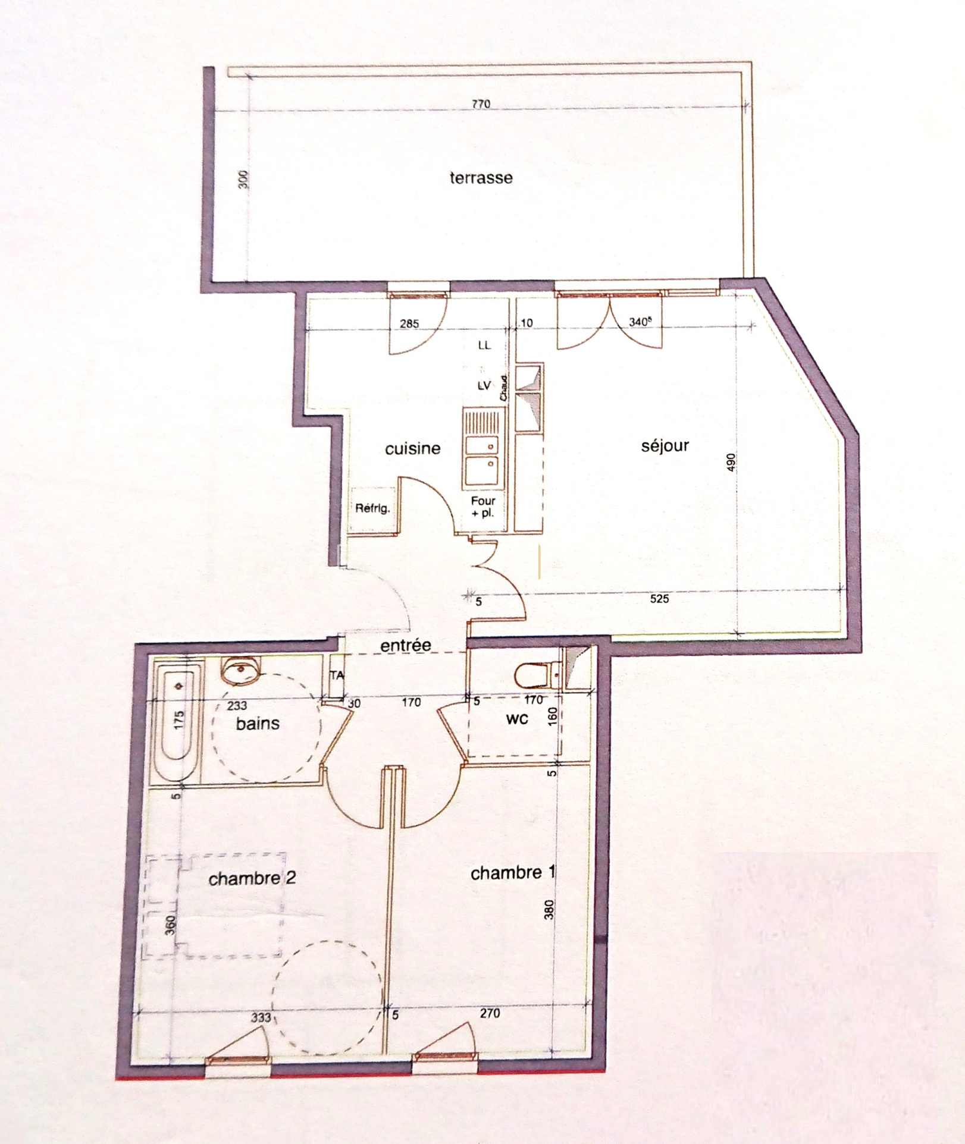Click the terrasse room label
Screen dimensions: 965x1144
pos(481,177)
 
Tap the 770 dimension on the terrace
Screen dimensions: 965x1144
pos(481,104)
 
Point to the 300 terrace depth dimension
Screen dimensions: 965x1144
pos(243,180)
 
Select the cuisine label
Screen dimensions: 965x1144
pos(413,448)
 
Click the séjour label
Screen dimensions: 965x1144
pos(665,445)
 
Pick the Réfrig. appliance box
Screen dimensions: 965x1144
pos(372,510)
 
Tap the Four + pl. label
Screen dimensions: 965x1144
pos(483,507)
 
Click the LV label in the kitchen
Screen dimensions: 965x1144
pos(484,385)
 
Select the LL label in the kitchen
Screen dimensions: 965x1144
pos(484,345)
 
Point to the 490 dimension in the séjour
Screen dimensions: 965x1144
pos(731,462)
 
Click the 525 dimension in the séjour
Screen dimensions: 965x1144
pos(659,599)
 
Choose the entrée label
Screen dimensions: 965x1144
pos(406,645)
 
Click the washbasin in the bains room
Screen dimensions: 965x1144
pos(240,670)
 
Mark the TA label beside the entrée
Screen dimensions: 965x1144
pos(337,675)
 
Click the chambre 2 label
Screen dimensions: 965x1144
pos(252,878)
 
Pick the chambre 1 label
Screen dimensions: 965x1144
pos(513,872)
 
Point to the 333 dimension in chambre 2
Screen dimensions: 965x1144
pos(261,1017)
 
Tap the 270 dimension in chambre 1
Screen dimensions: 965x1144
pos(490,1013)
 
